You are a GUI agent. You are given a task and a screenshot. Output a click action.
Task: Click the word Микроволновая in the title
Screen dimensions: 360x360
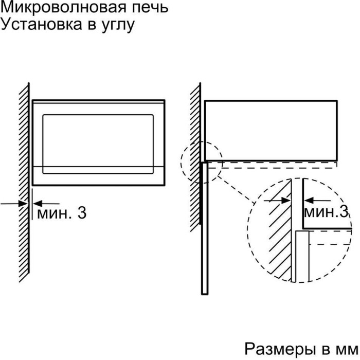click(64, 8)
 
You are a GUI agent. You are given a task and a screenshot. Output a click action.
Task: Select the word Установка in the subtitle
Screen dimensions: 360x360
click(41, 24)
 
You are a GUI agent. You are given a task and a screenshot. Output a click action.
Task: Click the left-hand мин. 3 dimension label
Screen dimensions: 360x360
click(62, 213)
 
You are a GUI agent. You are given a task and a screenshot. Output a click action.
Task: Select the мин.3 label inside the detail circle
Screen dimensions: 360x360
click(326, 212)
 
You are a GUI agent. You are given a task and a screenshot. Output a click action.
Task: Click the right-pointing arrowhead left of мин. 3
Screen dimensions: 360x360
click(23, 204)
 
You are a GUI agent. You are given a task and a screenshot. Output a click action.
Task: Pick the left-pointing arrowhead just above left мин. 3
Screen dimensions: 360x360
click(38, 204)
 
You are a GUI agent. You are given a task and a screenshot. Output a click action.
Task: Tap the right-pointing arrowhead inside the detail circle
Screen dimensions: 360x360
click(286, 201)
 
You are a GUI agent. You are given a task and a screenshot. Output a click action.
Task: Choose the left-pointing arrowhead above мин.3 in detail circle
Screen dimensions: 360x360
click(309, 201)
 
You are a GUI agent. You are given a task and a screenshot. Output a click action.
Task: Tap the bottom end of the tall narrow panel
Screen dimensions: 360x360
click(205, 294)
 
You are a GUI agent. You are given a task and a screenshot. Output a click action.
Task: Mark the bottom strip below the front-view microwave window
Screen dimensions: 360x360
click(99, 176)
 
